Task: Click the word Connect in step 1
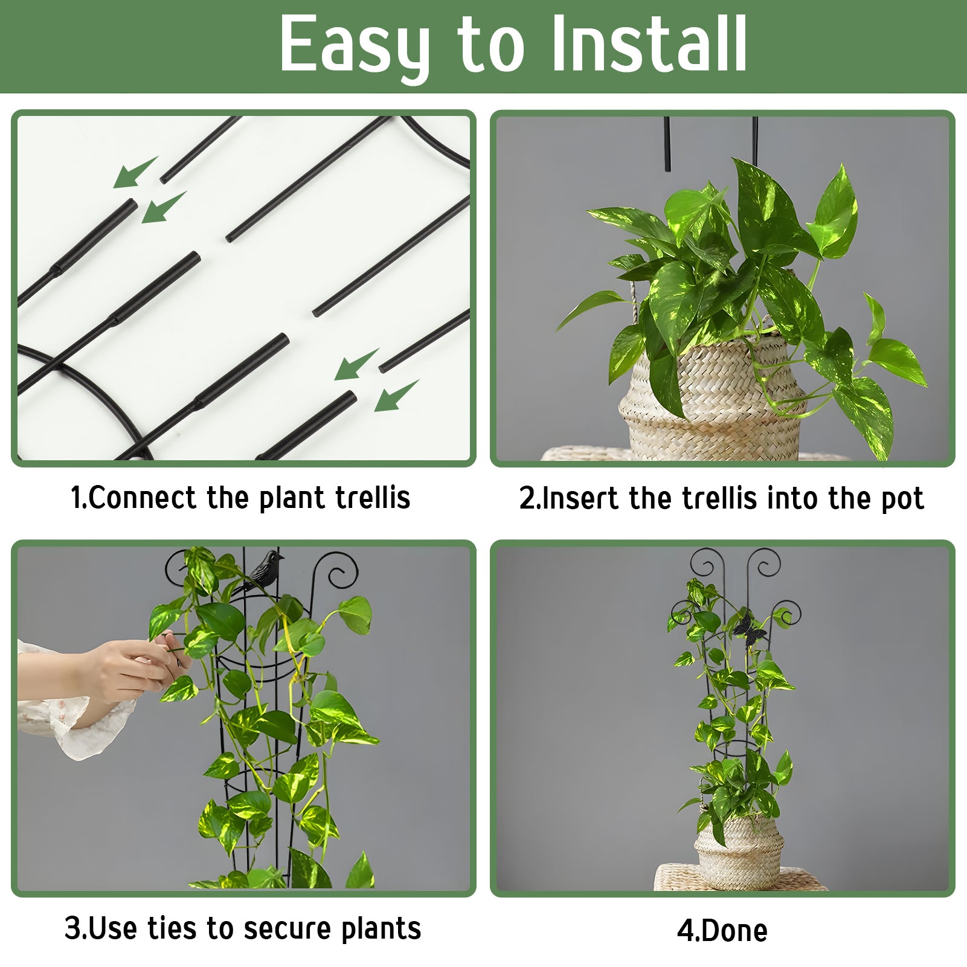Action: point(143,498)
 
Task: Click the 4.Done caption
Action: point(722,930)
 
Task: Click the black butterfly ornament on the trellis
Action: point(749,628)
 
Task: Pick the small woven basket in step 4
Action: point(739,852)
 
